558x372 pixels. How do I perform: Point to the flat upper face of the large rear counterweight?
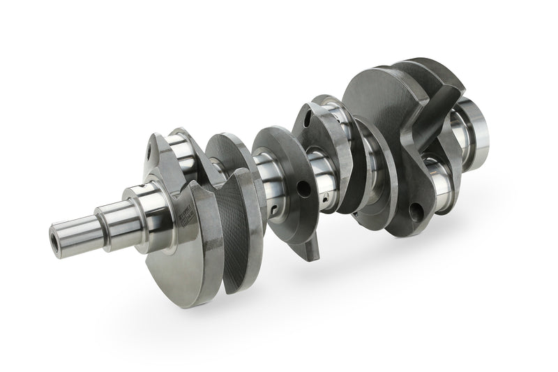pos(377,91)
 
